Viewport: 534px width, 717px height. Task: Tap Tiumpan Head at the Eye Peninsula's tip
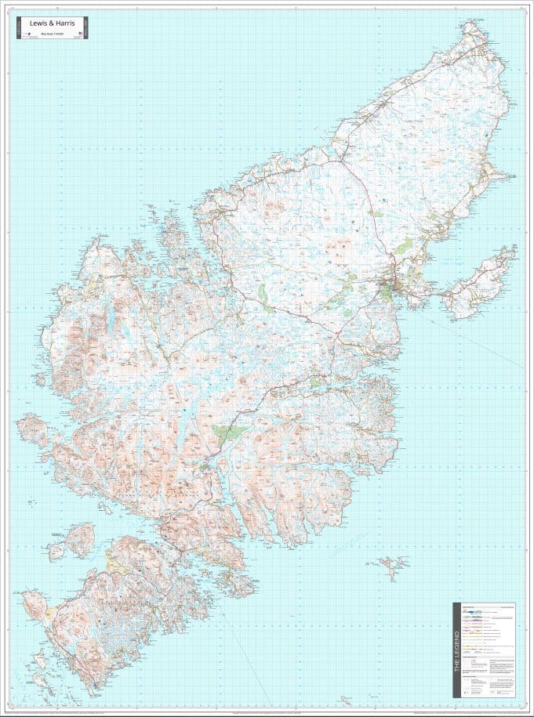tap(514, 250)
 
